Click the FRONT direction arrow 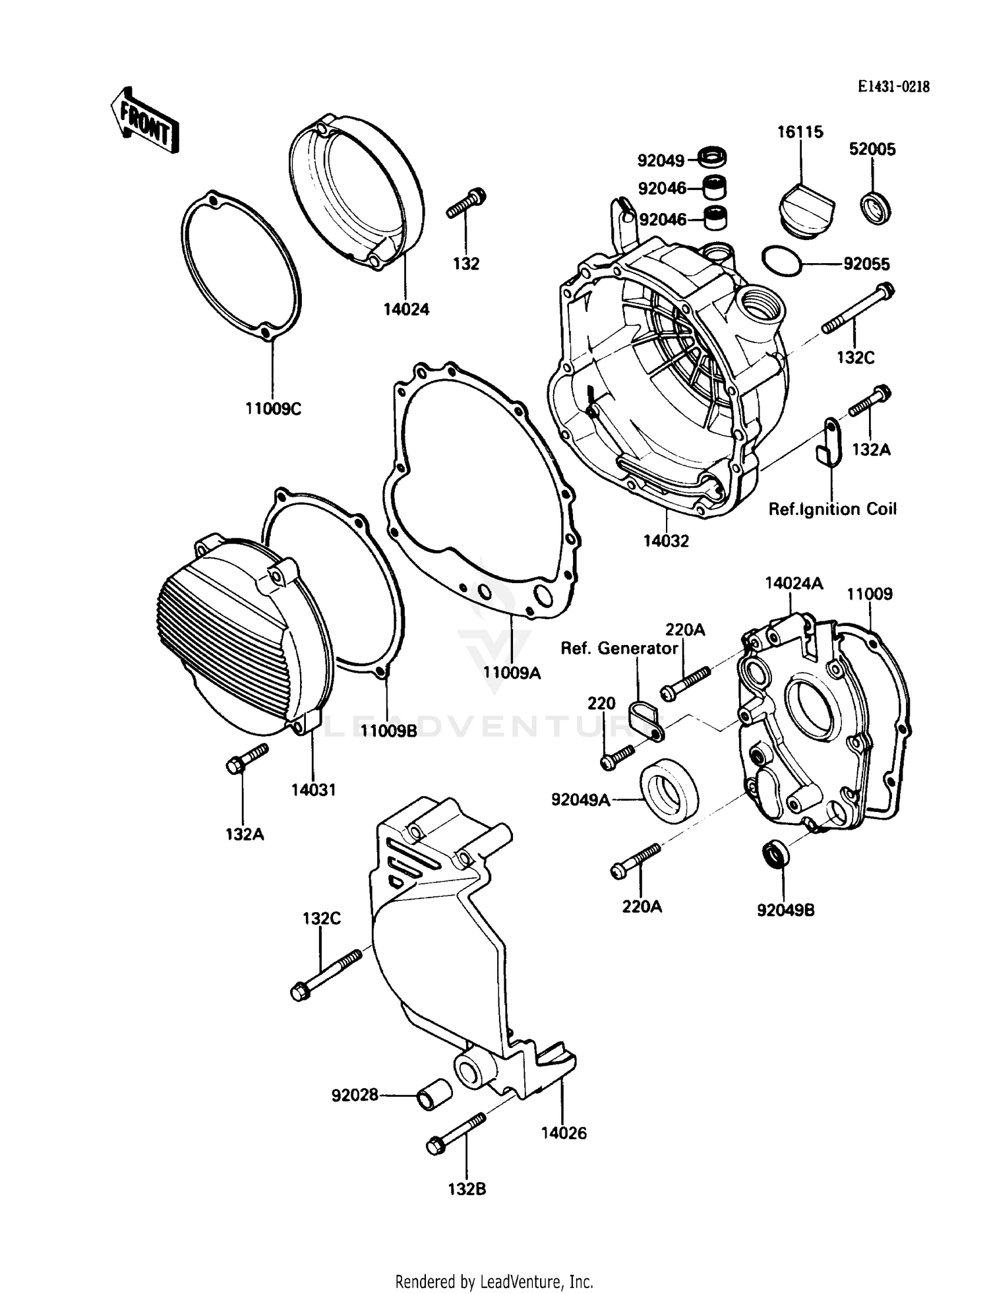coord(144,120)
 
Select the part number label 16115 coord(800,132)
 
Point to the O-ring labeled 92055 coord(782,261)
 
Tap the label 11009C coord(273,409)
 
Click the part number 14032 coord(666,541)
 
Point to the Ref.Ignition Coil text coord(832,509)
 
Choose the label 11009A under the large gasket coord(512,673)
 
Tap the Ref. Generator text coord(619,648)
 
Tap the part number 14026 coord(564,1133)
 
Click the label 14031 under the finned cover coord(314,789)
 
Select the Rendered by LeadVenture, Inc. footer coord(494,1281)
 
